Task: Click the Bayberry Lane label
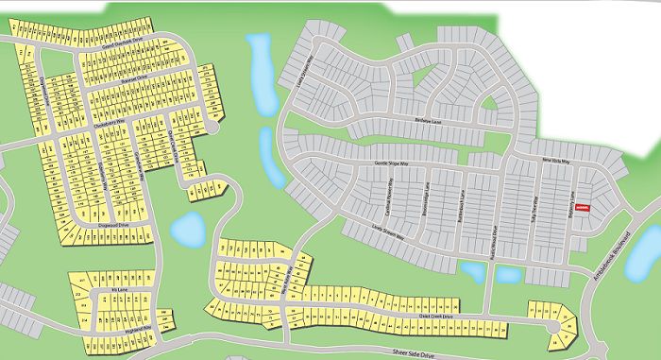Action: pyautogui.click(x=575, y=194)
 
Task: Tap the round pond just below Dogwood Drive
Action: pyautogui.click(x=189, y=227)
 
